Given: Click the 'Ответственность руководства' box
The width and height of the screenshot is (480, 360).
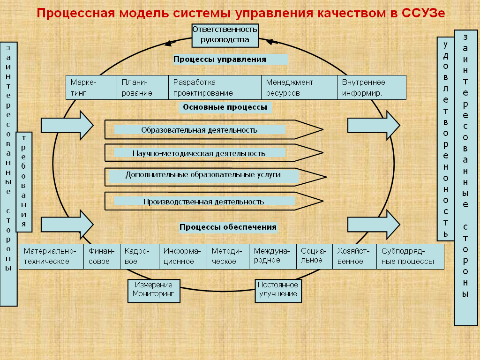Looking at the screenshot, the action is coord(225,36).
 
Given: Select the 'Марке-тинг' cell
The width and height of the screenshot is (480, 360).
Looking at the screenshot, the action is coord(91,88).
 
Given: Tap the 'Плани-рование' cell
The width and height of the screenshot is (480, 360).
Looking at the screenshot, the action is coord(142,88).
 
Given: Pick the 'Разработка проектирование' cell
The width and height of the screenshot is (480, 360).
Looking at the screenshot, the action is coord(215,88).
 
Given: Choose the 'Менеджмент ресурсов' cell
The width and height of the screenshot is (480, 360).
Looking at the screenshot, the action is coord(300,88).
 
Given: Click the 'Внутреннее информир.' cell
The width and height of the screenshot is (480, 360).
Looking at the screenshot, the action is coord(372,88).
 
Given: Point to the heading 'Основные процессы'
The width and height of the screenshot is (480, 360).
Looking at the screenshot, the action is coord(225,107).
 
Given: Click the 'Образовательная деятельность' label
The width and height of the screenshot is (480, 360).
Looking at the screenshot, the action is coord(199,130).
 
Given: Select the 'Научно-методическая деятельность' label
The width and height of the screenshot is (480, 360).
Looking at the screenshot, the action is coord(199,153).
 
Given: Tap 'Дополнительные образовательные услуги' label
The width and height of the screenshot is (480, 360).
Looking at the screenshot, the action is coord(203,175).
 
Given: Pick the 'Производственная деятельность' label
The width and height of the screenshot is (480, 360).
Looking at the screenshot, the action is coord(203,202).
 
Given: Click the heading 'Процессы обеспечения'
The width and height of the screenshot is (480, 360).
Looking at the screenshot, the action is coord(228,227).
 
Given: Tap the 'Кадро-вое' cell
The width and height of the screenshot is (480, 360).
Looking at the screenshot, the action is coord(140,256).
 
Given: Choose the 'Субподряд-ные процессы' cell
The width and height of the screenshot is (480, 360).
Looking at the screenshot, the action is coord(410,256).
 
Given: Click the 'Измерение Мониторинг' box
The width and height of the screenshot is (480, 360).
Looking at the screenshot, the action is coord(154,291).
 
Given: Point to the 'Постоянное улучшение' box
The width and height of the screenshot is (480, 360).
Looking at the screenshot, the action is coord(278,291).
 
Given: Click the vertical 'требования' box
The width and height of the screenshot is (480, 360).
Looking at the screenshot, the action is coord(24,182).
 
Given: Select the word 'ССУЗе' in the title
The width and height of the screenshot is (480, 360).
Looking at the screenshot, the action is coord(423,13).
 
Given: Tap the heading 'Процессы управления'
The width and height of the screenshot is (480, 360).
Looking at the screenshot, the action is coord(220,60).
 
